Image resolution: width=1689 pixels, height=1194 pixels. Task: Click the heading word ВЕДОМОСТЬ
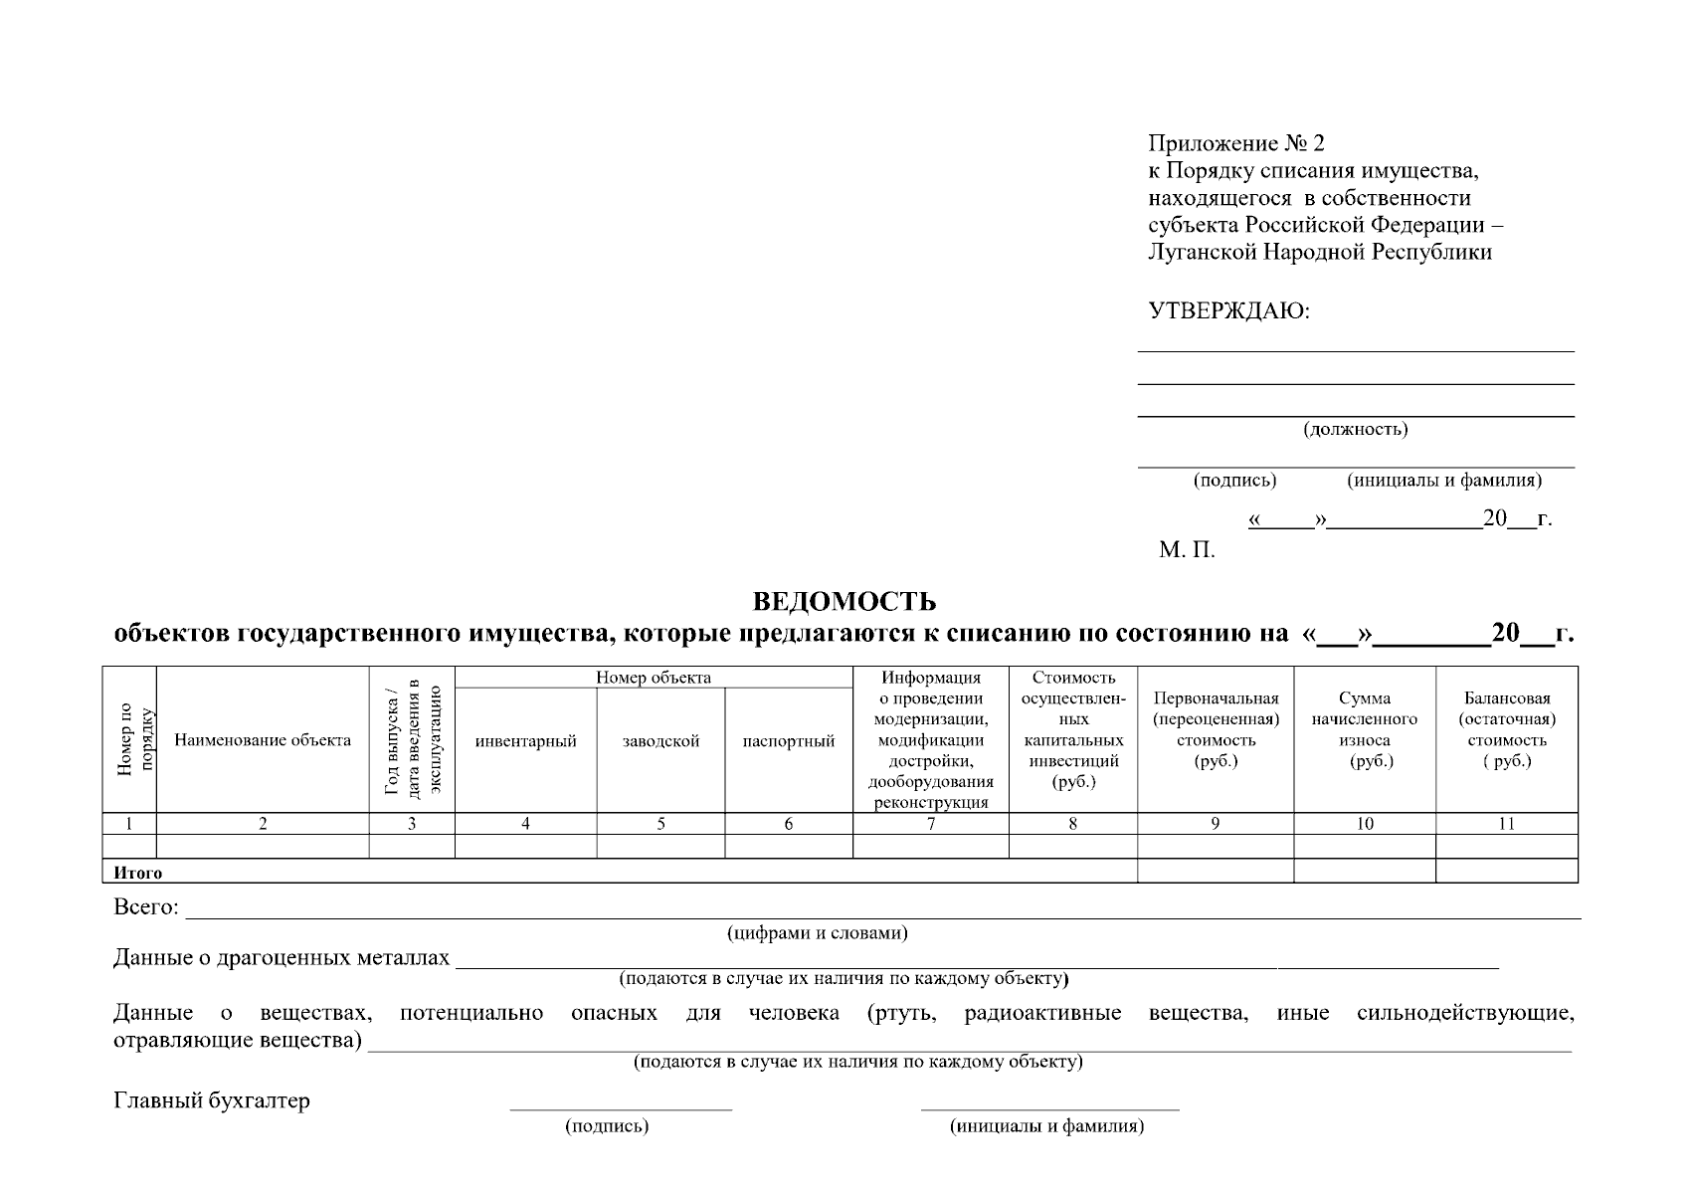point(844,602)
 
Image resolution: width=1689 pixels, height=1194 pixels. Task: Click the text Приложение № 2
point(1236,144)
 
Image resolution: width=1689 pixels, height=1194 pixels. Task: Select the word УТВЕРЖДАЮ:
point(1229,311)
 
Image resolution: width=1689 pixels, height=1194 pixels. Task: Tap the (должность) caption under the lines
point(1355,430)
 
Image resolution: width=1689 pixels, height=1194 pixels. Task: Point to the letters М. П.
point(1186,550)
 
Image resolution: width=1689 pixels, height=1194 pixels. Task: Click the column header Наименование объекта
point(263,740)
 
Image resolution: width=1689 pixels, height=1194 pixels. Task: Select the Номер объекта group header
point(654,678)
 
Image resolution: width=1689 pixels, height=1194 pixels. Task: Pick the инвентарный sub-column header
point(525,741)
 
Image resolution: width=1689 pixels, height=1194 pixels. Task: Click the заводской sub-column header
point(660,741)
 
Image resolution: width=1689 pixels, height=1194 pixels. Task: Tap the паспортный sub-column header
point(788,741)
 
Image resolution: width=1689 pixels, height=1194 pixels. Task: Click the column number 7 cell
point(930,824)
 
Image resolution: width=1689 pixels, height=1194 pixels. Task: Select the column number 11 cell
point(1506,824)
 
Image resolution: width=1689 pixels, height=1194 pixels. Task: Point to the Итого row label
point(137,873)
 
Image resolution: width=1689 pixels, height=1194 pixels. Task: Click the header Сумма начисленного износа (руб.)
point(1364,730)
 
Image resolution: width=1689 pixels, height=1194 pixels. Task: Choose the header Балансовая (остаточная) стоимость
point(1506,730)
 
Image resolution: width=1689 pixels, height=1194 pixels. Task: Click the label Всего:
point(145,907)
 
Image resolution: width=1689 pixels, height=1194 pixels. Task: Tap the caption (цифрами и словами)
point(816,933)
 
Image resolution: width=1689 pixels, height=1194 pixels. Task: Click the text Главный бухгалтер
point(212,1100)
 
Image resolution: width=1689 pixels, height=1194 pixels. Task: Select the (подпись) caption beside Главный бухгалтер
point(607,1126)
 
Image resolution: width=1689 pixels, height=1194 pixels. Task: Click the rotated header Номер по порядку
point(130,740)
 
